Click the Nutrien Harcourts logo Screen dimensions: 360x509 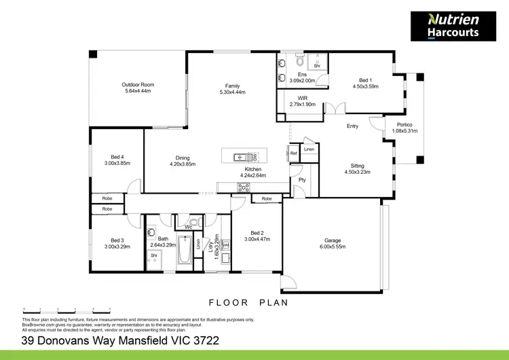coord(453,26)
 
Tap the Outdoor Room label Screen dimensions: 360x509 coord(138,85)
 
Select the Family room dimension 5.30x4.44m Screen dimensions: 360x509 coord(233,92)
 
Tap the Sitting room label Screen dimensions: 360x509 coord(357,165)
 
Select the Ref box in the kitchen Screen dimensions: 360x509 coord(293,153)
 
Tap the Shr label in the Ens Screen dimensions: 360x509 coord(316,65)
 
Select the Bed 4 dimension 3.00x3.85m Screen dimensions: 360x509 coord(117,163)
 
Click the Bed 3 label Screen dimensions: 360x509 coord(117,240)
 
